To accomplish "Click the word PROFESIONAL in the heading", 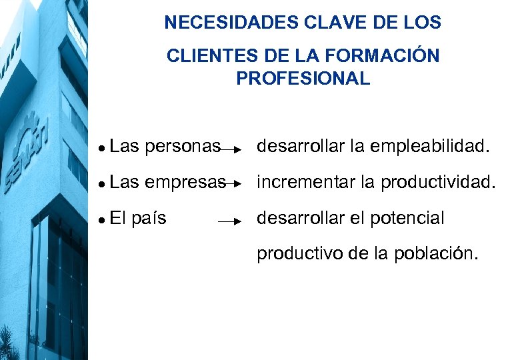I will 303,79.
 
